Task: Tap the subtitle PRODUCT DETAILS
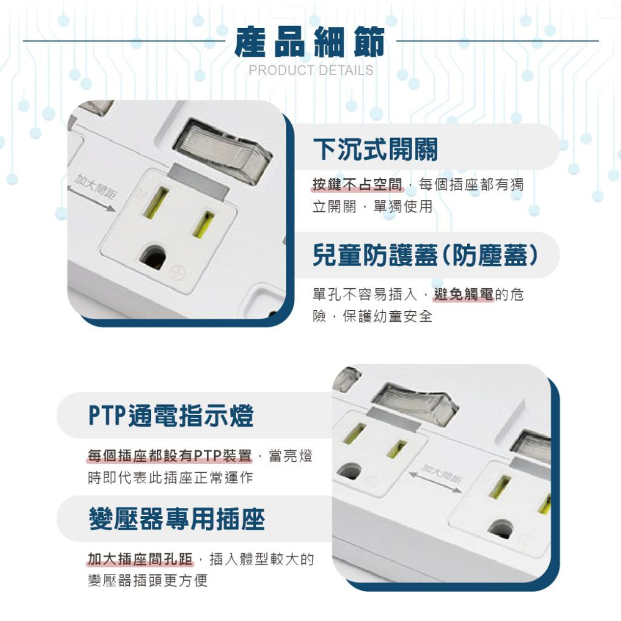tap(311, 70)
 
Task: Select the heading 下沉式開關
tap(375, 149)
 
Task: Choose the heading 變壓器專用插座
tap(176, 519)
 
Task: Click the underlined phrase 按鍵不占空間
tap(358, 184)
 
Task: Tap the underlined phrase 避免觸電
tap(464, 294)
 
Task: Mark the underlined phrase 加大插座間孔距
tap(140, 560)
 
